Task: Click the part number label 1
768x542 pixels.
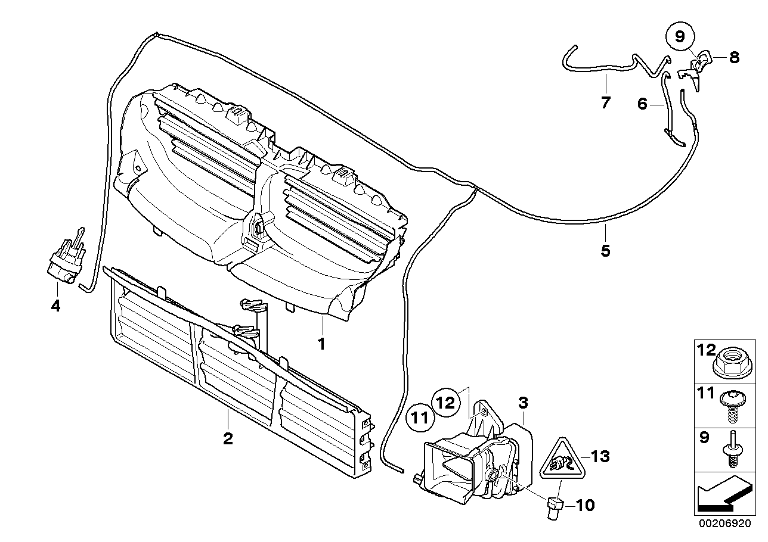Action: pos(321,344)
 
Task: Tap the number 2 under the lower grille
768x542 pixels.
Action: pos(228,439)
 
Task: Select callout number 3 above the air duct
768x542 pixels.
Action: pos(522,403)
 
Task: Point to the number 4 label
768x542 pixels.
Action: pos(56,307)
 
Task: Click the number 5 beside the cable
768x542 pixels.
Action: pos(605,251)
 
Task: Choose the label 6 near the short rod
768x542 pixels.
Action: pos(642,104)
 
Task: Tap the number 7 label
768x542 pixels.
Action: pos(605,102)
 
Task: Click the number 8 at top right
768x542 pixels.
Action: pos(733,57)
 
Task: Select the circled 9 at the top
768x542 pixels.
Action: pos(681,37)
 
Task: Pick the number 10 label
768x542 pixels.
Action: pos(586,506)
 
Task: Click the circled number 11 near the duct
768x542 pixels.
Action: pos(420,418)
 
